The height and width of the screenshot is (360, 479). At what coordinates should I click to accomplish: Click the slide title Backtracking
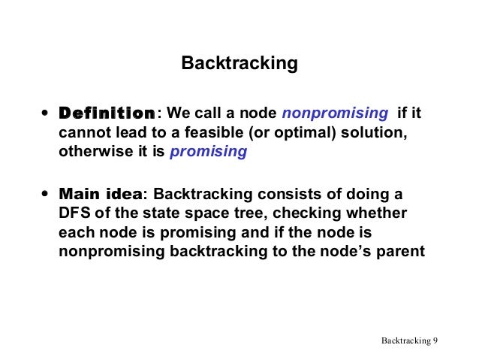[239, 64]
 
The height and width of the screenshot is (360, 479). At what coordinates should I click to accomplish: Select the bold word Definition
[107, 114]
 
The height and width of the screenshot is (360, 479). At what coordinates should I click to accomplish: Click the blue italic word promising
[209, 152]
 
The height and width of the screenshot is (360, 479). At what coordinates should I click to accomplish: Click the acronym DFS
[74, 213]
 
